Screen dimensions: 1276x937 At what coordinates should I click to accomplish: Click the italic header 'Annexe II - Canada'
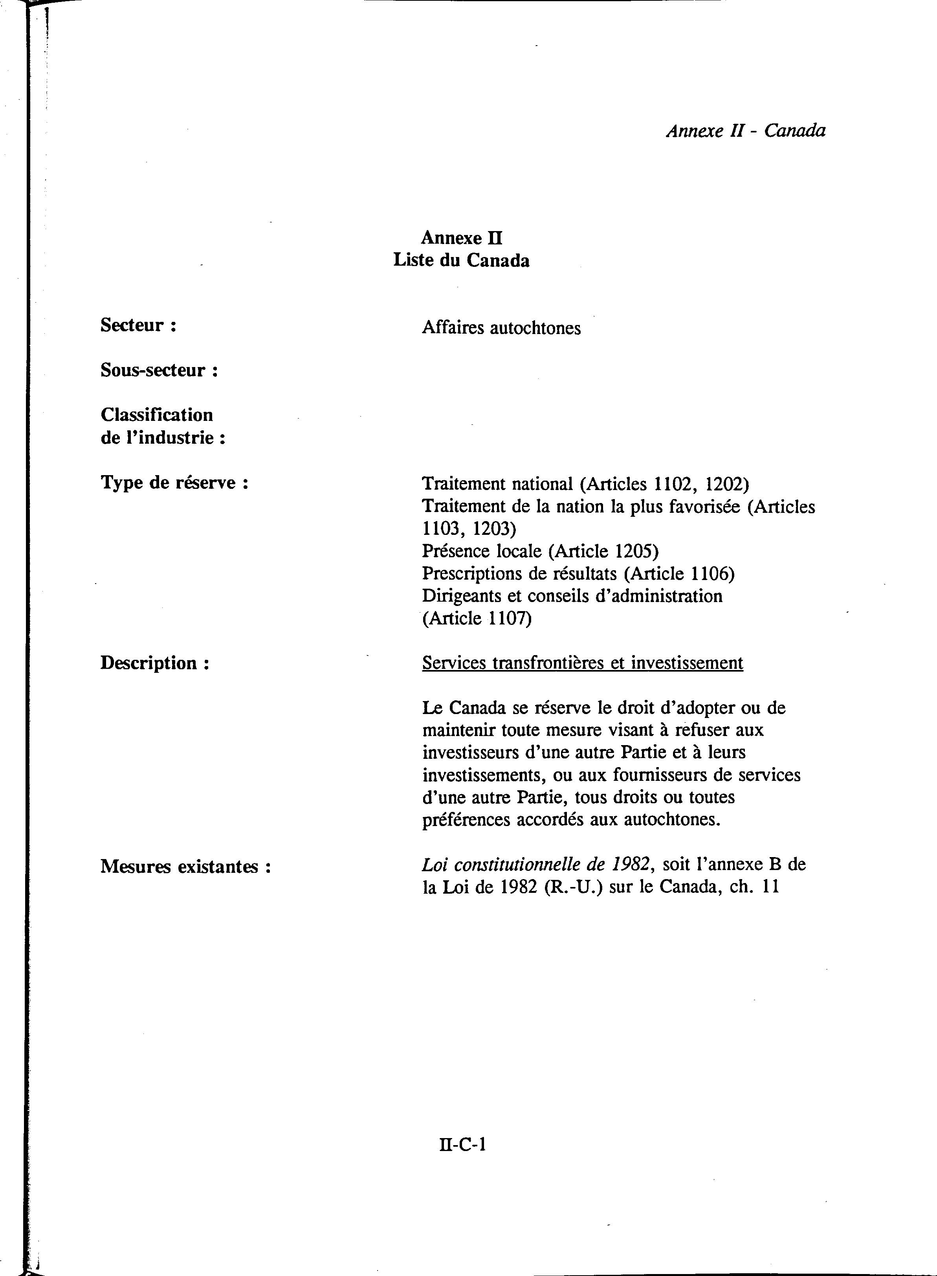[x=745, y=131]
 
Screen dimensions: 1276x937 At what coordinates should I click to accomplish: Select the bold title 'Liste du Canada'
[x=461, y=261]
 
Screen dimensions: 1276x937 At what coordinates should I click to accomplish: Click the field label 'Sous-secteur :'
[x=160, y=371]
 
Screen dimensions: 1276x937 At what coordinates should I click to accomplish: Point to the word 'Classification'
[x=156, y=415]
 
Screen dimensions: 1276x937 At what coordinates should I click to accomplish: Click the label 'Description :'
[x=155, y=663]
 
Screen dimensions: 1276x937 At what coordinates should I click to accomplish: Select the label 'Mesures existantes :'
[x=185, y=867]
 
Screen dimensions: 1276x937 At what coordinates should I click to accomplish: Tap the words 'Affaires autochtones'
[x=501, y=328]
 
